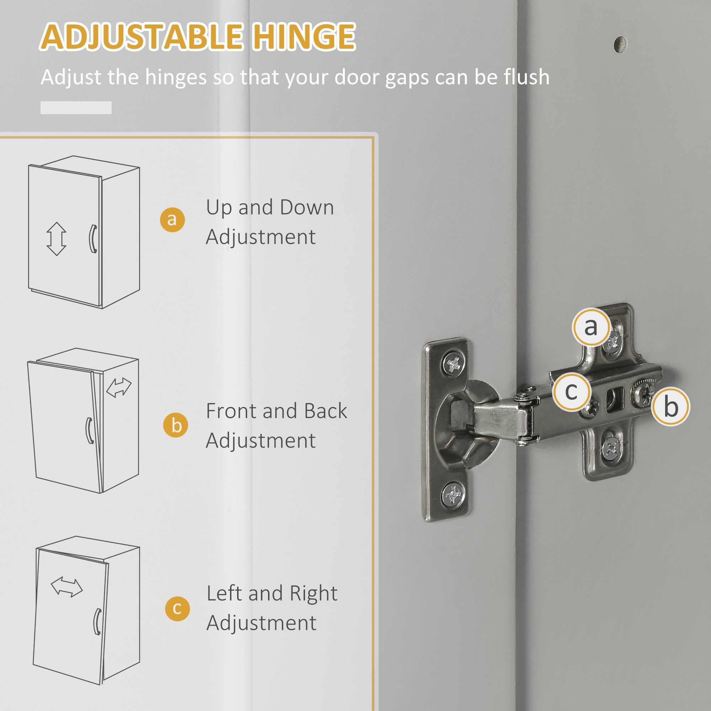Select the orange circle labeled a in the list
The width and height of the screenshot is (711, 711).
[x=172, y=219]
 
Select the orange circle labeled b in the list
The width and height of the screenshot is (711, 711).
[x=176, y=426]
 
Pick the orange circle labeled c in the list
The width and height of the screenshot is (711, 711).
[x=177, y=609]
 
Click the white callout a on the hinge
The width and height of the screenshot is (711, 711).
[x=590, y=327]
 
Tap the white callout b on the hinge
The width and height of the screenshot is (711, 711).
[x=670, y=407]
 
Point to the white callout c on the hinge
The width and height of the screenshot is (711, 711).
[x=571, y=391]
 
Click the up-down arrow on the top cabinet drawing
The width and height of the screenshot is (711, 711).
[x=56, y=239]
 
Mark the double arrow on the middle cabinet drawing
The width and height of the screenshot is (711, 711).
[x=118, y=387]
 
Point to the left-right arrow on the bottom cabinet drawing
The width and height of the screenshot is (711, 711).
[x=66, y=587]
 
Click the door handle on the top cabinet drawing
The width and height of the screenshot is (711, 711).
[x=93, y=239]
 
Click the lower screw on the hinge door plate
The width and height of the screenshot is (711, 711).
[x=452, y=494]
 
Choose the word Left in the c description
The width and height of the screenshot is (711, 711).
[x=224, y=593]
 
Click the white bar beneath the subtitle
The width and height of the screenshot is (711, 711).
[x=76, y=107]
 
